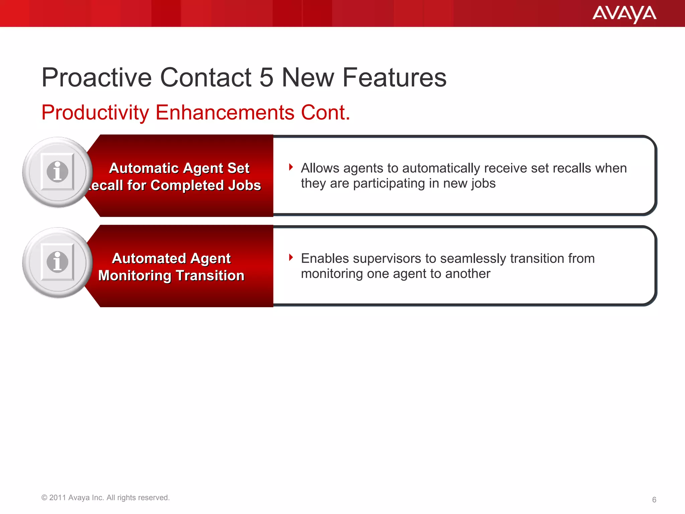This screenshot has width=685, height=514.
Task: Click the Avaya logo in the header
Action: [x=624, y=14]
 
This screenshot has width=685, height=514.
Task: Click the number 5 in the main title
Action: [x=266, y=78]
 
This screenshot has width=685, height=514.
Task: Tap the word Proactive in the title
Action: [x=96, y=78]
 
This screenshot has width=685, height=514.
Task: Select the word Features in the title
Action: [x=394, y=78]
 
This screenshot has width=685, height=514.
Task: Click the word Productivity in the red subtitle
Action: [x=95, y=113]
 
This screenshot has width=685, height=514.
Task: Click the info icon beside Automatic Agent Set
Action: [x=58, y=172]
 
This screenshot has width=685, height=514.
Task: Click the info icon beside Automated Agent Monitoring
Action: [x=58, y=262]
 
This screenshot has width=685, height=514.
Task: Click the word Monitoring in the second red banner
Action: [x=134, y=276]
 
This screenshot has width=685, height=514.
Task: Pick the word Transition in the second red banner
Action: [x=210, y=276]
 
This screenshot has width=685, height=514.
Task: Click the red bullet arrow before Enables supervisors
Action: [x=291, y=257]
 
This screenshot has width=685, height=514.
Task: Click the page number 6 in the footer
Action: [x=654, y=500]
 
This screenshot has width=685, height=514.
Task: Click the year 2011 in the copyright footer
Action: [x=58, y=498]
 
